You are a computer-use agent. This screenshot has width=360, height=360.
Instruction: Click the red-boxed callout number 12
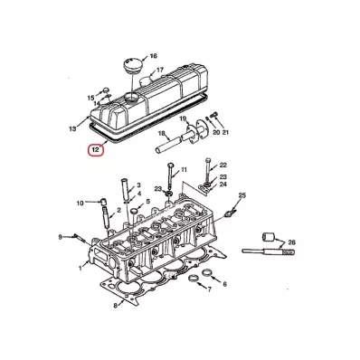tap(96, 150)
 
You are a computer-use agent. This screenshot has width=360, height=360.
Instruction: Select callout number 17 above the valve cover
tap(160, 70)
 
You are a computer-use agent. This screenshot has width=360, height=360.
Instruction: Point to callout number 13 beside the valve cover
tap(72, 129)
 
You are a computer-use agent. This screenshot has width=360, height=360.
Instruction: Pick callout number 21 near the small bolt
tap(225, 132)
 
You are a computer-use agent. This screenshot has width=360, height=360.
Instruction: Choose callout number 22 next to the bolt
tap(223, 165)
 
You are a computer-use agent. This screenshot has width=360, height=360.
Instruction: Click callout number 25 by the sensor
tap(242, 195)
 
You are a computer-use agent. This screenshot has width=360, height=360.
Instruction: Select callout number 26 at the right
tap(291, 242)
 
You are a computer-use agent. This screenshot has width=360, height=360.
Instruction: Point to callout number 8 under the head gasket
tap(115, 306)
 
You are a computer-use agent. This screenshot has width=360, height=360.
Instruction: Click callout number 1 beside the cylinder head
tap(81, 268)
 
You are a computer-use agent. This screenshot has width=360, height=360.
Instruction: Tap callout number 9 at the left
tap(60, 237)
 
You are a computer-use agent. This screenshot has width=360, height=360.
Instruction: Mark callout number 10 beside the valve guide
tap(80, 204)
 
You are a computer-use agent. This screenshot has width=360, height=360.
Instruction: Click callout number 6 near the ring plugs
tap(224, 284)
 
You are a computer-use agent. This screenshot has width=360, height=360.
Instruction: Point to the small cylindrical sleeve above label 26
tap(268, 237)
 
